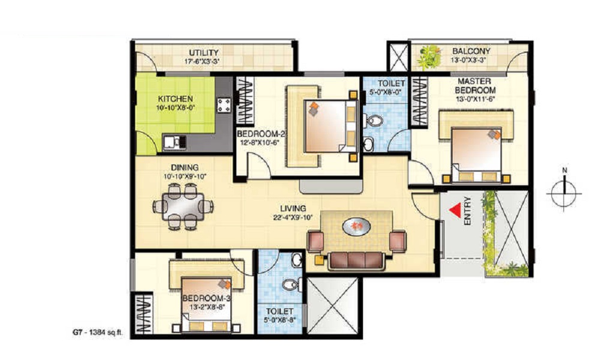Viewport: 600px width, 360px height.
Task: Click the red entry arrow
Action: click(455, 211)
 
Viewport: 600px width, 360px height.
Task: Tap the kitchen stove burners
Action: click(224, 105)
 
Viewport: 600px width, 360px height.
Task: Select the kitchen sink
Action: click(175, 142)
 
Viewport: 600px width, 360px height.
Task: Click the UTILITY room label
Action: click(203, 52)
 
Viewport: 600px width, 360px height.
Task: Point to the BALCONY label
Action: click(471, 51)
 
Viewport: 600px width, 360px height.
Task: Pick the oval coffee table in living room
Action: click(356, 226)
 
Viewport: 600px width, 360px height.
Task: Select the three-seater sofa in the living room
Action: click(356, 261)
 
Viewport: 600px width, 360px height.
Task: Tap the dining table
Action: click(182, 206)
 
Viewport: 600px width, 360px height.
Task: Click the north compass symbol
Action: click(564, 190)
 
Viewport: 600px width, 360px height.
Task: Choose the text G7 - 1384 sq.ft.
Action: click(98, 332)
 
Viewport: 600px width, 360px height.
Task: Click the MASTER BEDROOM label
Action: click(475, 86)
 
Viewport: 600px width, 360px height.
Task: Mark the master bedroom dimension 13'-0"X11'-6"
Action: click(475, 99)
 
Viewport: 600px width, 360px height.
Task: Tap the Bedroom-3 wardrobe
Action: click(142, 313)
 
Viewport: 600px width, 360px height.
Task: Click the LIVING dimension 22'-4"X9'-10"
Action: click(293, 218)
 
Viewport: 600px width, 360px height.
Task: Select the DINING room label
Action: click(184, 167)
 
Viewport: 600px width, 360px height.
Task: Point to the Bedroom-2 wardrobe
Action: click(245, 101)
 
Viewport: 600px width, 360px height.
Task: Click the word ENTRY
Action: click(467, 211)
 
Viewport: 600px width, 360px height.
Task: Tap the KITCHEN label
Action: click(175, 99)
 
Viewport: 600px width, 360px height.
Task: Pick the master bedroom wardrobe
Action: click(419, 101)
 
